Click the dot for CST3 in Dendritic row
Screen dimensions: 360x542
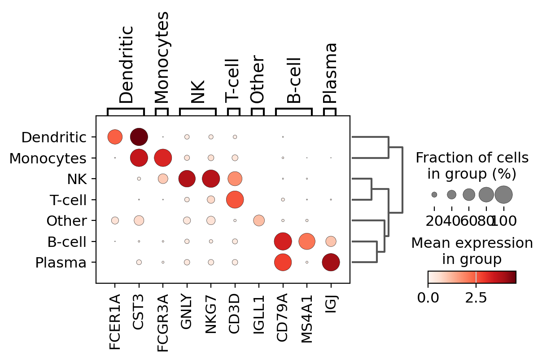click(139, 136)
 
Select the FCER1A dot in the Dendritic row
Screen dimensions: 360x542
click(115, 136)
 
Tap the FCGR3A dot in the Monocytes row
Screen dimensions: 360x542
click(163, 158)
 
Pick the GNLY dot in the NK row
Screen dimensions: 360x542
click(187, 179)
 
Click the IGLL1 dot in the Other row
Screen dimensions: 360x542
click(259, 220)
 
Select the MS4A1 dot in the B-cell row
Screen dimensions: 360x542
click(307, 241)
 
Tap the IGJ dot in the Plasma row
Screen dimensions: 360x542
click(331, 262)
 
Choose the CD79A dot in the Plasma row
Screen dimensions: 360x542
click(283, 262)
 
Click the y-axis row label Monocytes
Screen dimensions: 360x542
click(48, 158)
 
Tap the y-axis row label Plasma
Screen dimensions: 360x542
click(61, 263)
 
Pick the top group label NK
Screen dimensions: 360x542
click(197, 92)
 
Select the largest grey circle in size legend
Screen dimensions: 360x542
click(503, 194)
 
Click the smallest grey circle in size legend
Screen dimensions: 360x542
click(434, 194)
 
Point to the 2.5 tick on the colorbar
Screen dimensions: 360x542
click(476, 299)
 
